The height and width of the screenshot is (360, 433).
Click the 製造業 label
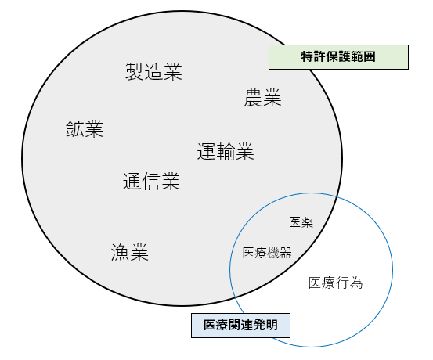153,72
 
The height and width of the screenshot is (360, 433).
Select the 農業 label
262,98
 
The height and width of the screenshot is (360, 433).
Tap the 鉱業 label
85,129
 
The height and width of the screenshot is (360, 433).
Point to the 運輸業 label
226,151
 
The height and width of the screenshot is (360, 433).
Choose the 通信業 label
151,181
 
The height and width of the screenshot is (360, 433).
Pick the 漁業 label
130,252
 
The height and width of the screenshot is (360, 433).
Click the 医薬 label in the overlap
301,222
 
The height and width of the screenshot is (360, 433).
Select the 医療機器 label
267,253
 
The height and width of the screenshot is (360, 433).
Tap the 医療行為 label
335,283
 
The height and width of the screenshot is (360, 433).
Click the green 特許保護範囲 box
338,57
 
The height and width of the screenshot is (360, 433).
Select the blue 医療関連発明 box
241,326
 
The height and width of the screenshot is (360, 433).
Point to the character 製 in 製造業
135,72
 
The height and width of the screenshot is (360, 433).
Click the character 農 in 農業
253,98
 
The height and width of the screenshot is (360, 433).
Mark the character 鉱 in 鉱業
75,129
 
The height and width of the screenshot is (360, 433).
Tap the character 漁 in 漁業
121,252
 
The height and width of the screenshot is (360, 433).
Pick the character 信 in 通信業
151,181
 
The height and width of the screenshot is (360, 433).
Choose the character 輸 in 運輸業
226,151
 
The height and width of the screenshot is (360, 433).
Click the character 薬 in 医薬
307,222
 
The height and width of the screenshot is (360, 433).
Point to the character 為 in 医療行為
356,283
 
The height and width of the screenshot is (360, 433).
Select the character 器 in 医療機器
286,253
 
